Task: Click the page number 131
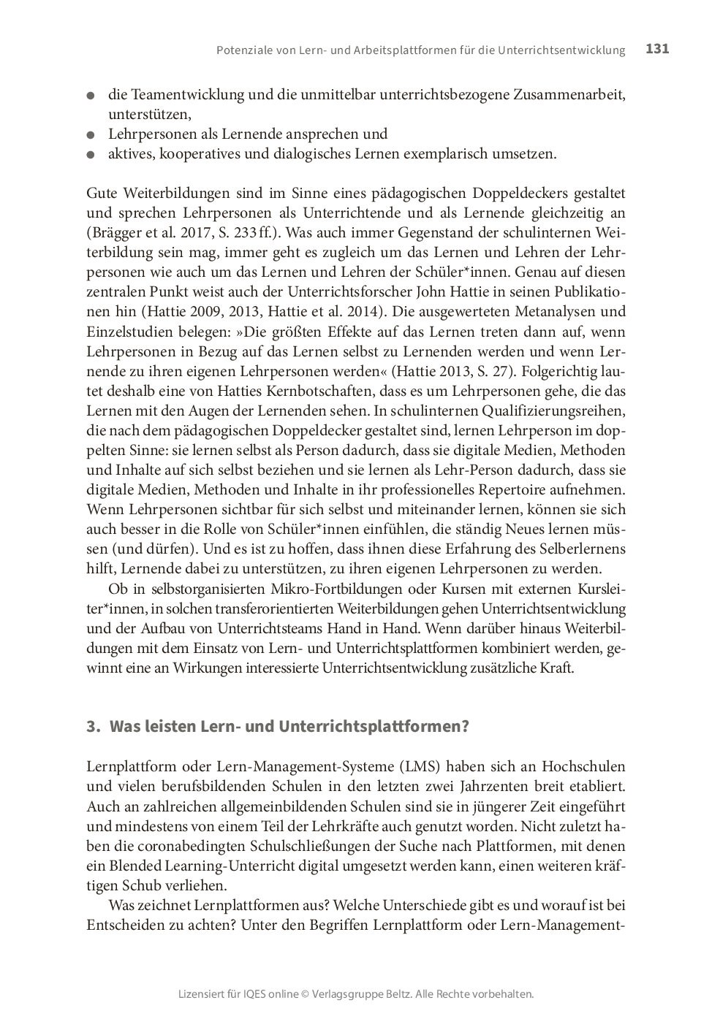tap(657, 49)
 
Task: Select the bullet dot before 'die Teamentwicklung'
tap(91, 96)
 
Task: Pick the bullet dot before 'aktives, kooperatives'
tap(91, 155)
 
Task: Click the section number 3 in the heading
tap(91, 727)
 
